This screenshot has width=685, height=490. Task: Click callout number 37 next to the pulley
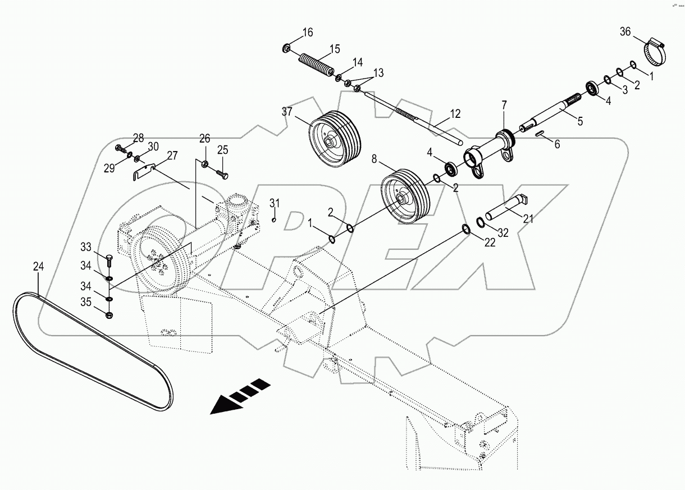(288, 111)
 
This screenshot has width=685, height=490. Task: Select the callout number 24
(38, 267)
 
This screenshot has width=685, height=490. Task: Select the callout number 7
(504, 105)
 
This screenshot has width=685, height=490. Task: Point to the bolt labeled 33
(109, 261)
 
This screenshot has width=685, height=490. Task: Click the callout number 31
(273, 203)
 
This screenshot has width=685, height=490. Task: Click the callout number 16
(307, 32)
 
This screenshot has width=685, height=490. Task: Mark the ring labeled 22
(466, 228)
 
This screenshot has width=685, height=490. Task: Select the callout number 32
(503, 232)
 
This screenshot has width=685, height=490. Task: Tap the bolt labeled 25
(221, 173)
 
